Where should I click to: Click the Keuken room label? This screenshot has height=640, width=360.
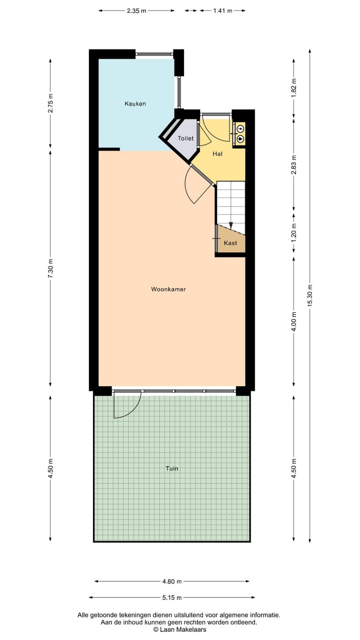pyautogui.click(x=135, y=104)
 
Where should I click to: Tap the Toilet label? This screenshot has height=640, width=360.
pyautogui.click(x=185, y=138)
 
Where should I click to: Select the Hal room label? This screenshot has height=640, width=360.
pyautogui.click(x=217, y=153)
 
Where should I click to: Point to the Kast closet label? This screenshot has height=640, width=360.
pyautogui.click(x=230, y=243)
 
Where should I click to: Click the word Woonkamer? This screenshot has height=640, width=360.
pyautogui.click(x=168, y=289)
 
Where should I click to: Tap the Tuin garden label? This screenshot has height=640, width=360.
pyautogui.click(x=171, y=468)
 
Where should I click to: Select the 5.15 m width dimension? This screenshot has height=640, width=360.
pyautogui.click(x=171, y=597)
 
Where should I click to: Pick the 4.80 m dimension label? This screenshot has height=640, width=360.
pyautogui.click(x=171, y=581)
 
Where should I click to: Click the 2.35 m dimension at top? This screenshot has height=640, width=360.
pyautogui.click(x=136, y=10)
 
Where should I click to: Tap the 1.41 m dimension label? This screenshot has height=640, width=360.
pyautogui.click(x=222, y=10)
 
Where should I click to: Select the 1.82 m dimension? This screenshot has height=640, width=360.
pyautogui.click(x=294, y=87)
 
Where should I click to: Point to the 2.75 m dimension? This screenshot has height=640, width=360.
pyautogui.click(x=50, y=103)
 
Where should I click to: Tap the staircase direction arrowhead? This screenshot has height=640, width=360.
pyautogui.click(x=230, y=225)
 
